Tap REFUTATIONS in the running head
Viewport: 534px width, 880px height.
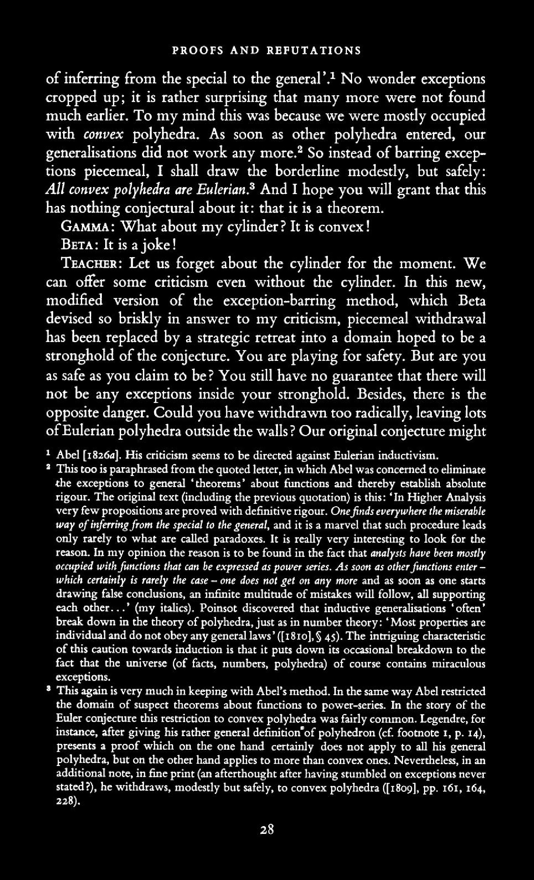313,50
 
